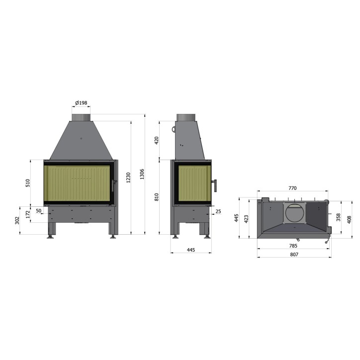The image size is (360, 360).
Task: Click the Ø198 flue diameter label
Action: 81,102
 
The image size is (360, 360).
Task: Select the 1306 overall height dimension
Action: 142,174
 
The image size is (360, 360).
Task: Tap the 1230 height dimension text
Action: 128,178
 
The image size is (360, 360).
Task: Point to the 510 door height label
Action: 27,183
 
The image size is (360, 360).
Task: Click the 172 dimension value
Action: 28,214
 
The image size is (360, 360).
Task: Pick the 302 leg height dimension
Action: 17,220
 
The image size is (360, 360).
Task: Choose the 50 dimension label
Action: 39,211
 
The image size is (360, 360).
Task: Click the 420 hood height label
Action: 157,140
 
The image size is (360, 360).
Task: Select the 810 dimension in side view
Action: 157,197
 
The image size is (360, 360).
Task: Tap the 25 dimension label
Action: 218,211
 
